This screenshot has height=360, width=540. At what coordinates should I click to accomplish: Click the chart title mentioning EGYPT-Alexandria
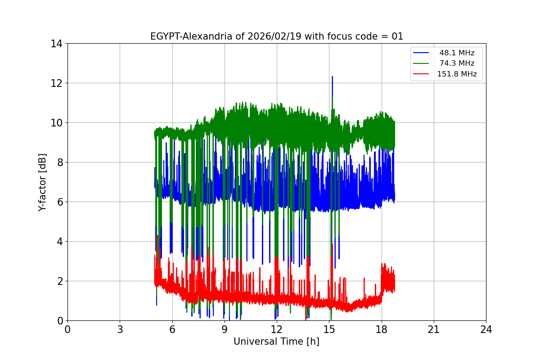276,36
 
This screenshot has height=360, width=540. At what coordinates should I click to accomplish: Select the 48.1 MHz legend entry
457,53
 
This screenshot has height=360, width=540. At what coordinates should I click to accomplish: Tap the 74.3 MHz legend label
457,63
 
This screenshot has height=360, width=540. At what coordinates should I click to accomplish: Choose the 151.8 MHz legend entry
457,74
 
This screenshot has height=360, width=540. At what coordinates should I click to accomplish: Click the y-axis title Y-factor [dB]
42,182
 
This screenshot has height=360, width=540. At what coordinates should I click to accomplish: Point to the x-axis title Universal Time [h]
276,342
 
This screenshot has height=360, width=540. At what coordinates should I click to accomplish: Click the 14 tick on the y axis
56,44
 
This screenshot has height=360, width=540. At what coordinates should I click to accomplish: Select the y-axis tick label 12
56,83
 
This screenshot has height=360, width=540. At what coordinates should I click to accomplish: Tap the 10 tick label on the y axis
56,123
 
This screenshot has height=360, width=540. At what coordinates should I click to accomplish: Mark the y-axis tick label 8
59,162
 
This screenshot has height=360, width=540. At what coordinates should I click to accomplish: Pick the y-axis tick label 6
59,202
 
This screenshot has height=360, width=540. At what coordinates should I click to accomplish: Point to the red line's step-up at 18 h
382,283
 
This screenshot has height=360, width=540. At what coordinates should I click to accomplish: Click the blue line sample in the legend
421,53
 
